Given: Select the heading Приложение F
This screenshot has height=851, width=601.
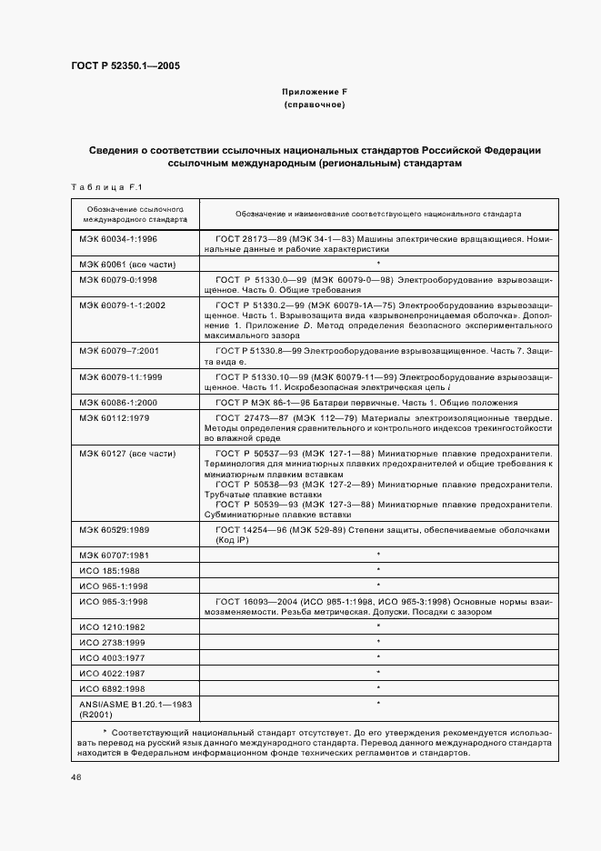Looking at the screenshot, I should click(x=315, y=93).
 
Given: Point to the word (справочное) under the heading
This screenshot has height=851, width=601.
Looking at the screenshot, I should click(x=315, y=105).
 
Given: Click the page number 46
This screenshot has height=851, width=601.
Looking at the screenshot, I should click(x=75, y=776).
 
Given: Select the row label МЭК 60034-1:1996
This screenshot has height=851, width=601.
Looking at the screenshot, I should click(x=118, y=238).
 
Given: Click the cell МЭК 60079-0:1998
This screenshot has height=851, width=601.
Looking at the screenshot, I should click(x=118, y=279).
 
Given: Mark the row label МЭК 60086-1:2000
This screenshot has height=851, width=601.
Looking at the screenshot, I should click(x=118, y=401).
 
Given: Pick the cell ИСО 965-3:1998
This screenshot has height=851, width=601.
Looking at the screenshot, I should click(x=113, y=601).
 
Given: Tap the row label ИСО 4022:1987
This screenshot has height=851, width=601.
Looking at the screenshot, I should click(x=111, y=673).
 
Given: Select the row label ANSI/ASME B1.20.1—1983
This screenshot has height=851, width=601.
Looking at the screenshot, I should click(x=130, y=705).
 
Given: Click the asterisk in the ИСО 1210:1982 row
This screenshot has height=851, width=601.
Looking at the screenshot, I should click(x=377, y=626).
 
